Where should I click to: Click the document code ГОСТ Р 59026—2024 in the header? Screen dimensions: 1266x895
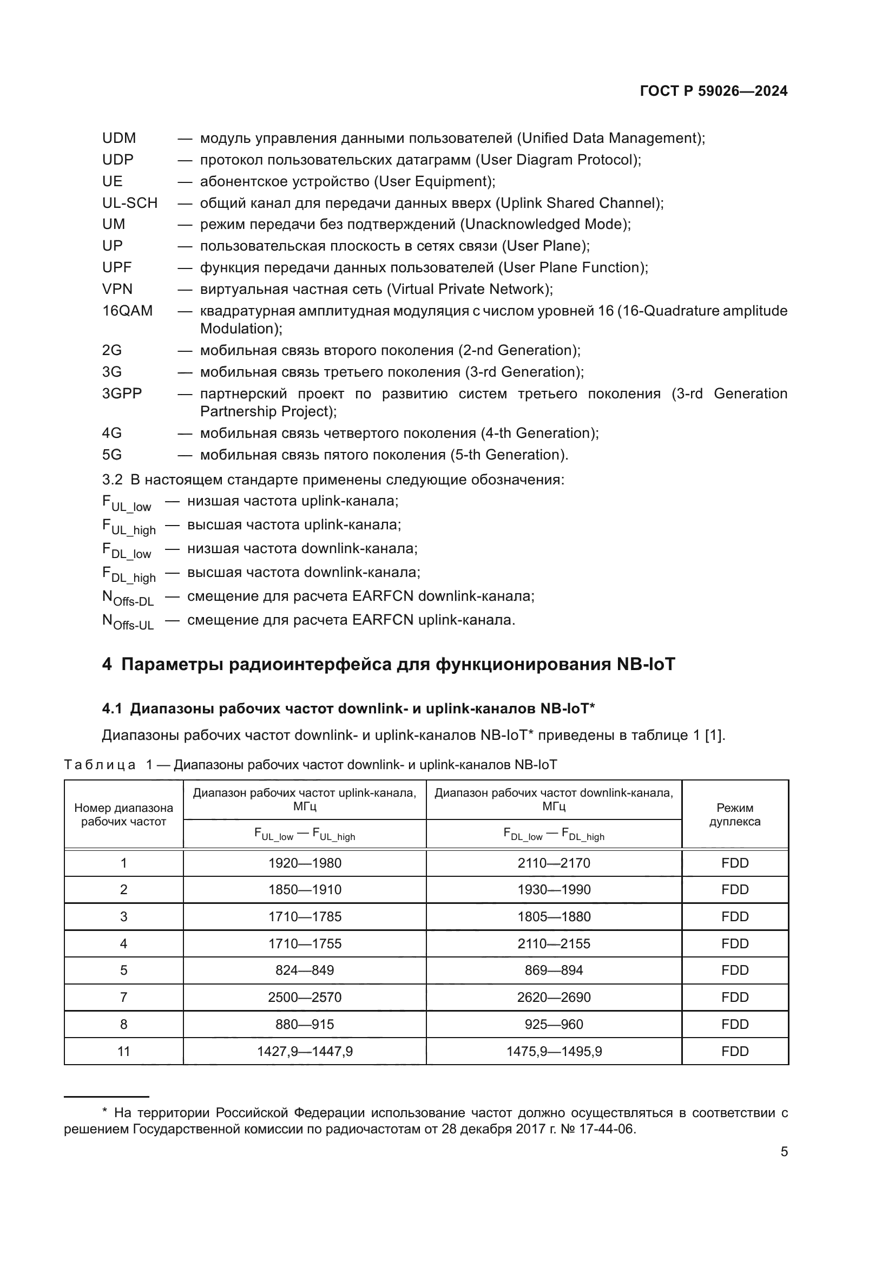713,91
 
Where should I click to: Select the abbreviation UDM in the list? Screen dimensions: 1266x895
119,139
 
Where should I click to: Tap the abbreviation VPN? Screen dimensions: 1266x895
117,290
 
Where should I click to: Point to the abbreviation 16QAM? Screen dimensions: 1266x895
127,311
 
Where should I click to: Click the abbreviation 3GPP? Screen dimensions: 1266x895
122,393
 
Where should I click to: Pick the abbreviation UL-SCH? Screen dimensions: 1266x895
130,204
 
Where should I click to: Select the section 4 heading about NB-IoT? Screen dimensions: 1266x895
389,665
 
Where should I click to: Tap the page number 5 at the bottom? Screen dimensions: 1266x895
784,1152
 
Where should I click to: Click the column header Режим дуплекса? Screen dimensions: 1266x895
735,815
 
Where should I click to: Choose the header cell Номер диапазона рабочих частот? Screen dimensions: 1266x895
123,815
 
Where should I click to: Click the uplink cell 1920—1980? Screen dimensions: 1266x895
305,863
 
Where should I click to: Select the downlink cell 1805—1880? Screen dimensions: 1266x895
554,917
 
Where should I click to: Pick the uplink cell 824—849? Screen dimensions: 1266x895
305,970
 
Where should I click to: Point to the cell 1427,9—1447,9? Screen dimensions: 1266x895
305,1052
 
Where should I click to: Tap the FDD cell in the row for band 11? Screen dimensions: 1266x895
735,1052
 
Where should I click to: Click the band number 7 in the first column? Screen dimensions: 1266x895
123,998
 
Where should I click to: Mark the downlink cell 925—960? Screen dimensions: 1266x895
554,1025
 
